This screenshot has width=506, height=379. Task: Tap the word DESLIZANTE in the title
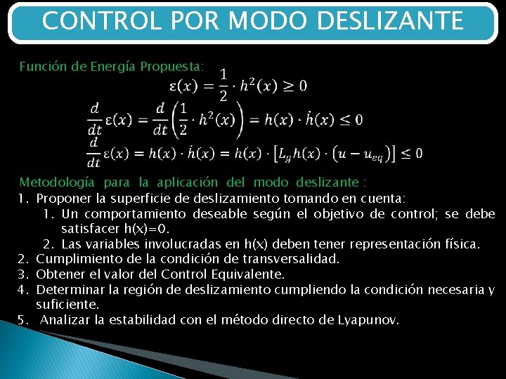pos(390,21)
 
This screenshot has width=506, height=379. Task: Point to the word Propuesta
pos(172,67)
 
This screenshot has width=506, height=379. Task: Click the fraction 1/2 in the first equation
pos(223,85)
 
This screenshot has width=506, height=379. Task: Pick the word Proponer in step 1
pos(61,199)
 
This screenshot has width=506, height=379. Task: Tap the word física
pos(461,244)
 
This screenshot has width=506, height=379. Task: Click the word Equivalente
pos(247,274)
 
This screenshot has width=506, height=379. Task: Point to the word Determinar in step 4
pos(68,290)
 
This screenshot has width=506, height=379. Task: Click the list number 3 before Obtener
pos(22,274)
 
